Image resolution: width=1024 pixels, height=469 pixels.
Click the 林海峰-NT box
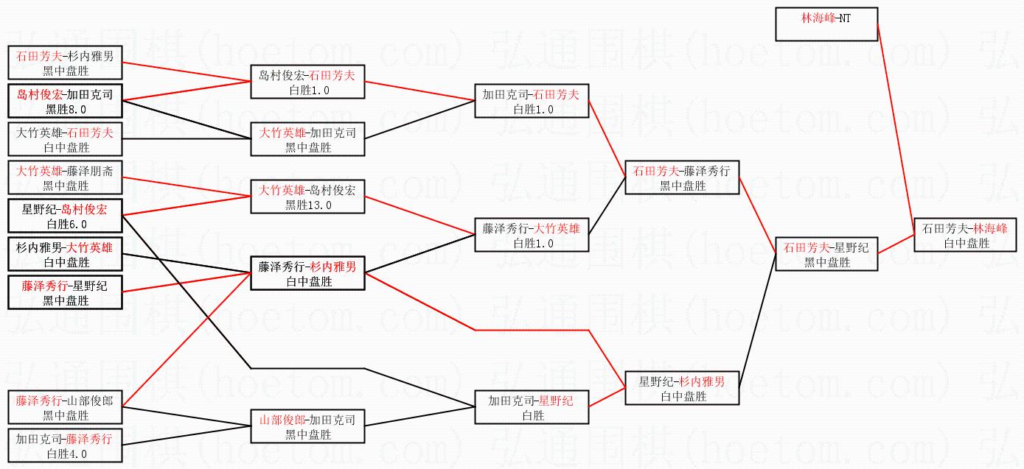tap(826, 24)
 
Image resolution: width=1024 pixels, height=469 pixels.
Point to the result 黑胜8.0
tap(66, 109)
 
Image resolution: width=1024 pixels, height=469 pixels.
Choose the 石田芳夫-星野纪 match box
tap(826, 254)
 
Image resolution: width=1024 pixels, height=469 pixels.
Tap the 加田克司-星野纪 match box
tap(532, 407)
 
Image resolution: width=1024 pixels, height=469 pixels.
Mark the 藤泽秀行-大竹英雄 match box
tap(532, 235)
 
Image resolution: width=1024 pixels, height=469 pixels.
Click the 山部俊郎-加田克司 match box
tap(308, 426)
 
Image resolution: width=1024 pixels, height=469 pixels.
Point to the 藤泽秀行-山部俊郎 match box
tap(65, 407)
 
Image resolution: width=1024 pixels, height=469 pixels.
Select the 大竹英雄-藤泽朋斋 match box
tap(65, 177)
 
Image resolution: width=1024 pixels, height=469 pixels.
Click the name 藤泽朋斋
tap(91, 171)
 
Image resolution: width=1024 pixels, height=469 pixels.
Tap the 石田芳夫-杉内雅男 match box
tap(65, 63)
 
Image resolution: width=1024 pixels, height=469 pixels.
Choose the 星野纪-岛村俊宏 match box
tap(65, 216)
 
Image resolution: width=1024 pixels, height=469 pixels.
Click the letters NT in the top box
tap(844, 17)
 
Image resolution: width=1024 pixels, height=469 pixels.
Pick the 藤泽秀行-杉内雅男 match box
tap(308, 273)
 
